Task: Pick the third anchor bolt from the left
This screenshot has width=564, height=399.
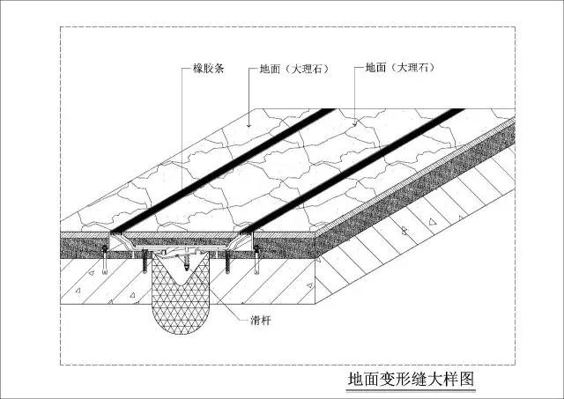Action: click(227, 262)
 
